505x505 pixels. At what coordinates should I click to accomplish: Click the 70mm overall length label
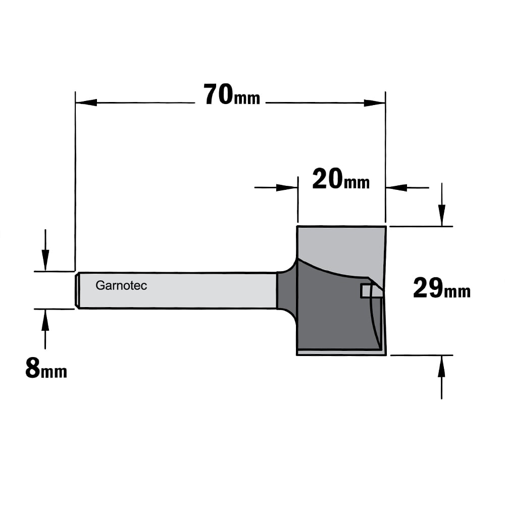232,95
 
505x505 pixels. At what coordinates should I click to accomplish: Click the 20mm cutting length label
341,179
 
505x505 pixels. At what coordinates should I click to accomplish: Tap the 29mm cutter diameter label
441,288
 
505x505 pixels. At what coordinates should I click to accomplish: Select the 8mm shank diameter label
46,368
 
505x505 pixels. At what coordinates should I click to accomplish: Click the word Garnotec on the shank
121,286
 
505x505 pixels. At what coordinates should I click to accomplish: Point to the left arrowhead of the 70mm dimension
86,103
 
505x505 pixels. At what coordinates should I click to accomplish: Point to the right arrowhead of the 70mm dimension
375,103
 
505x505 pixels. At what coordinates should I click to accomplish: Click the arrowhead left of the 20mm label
287,187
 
